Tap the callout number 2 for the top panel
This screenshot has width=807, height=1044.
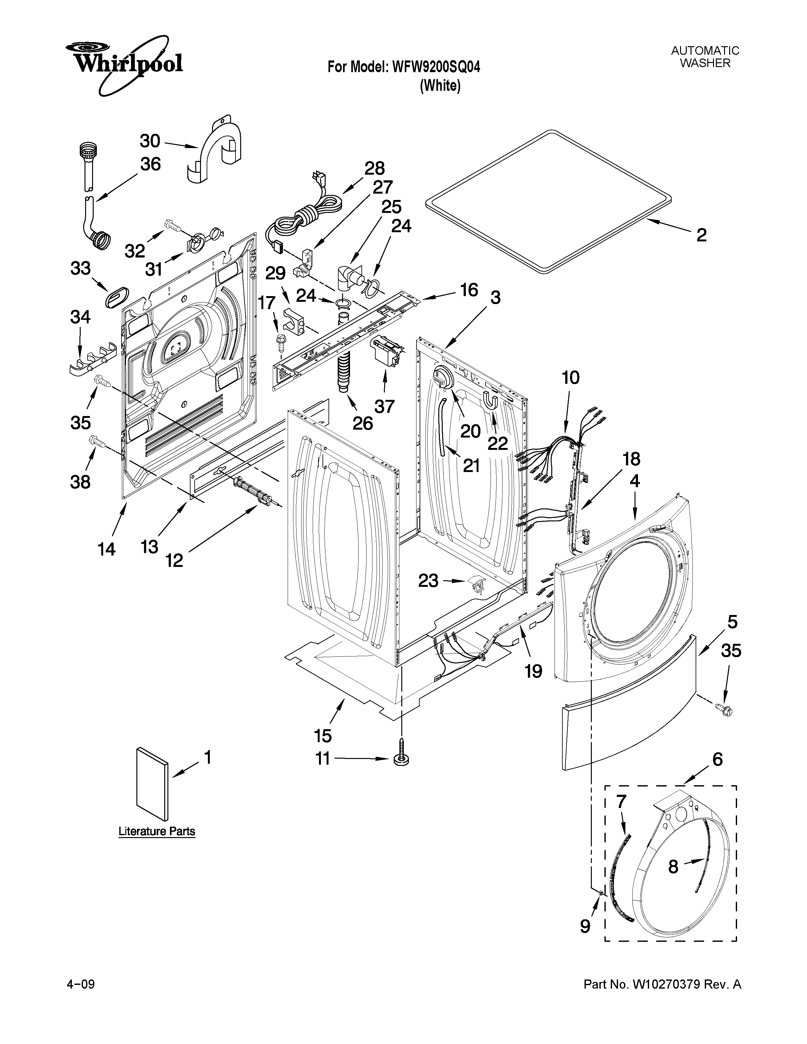(x=701, y=235)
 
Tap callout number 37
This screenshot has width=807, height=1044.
(x=385, y=406)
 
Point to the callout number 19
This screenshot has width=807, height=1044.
(x=533, y=671)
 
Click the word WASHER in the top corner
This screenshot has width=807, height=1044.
(x=705, y=63)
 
